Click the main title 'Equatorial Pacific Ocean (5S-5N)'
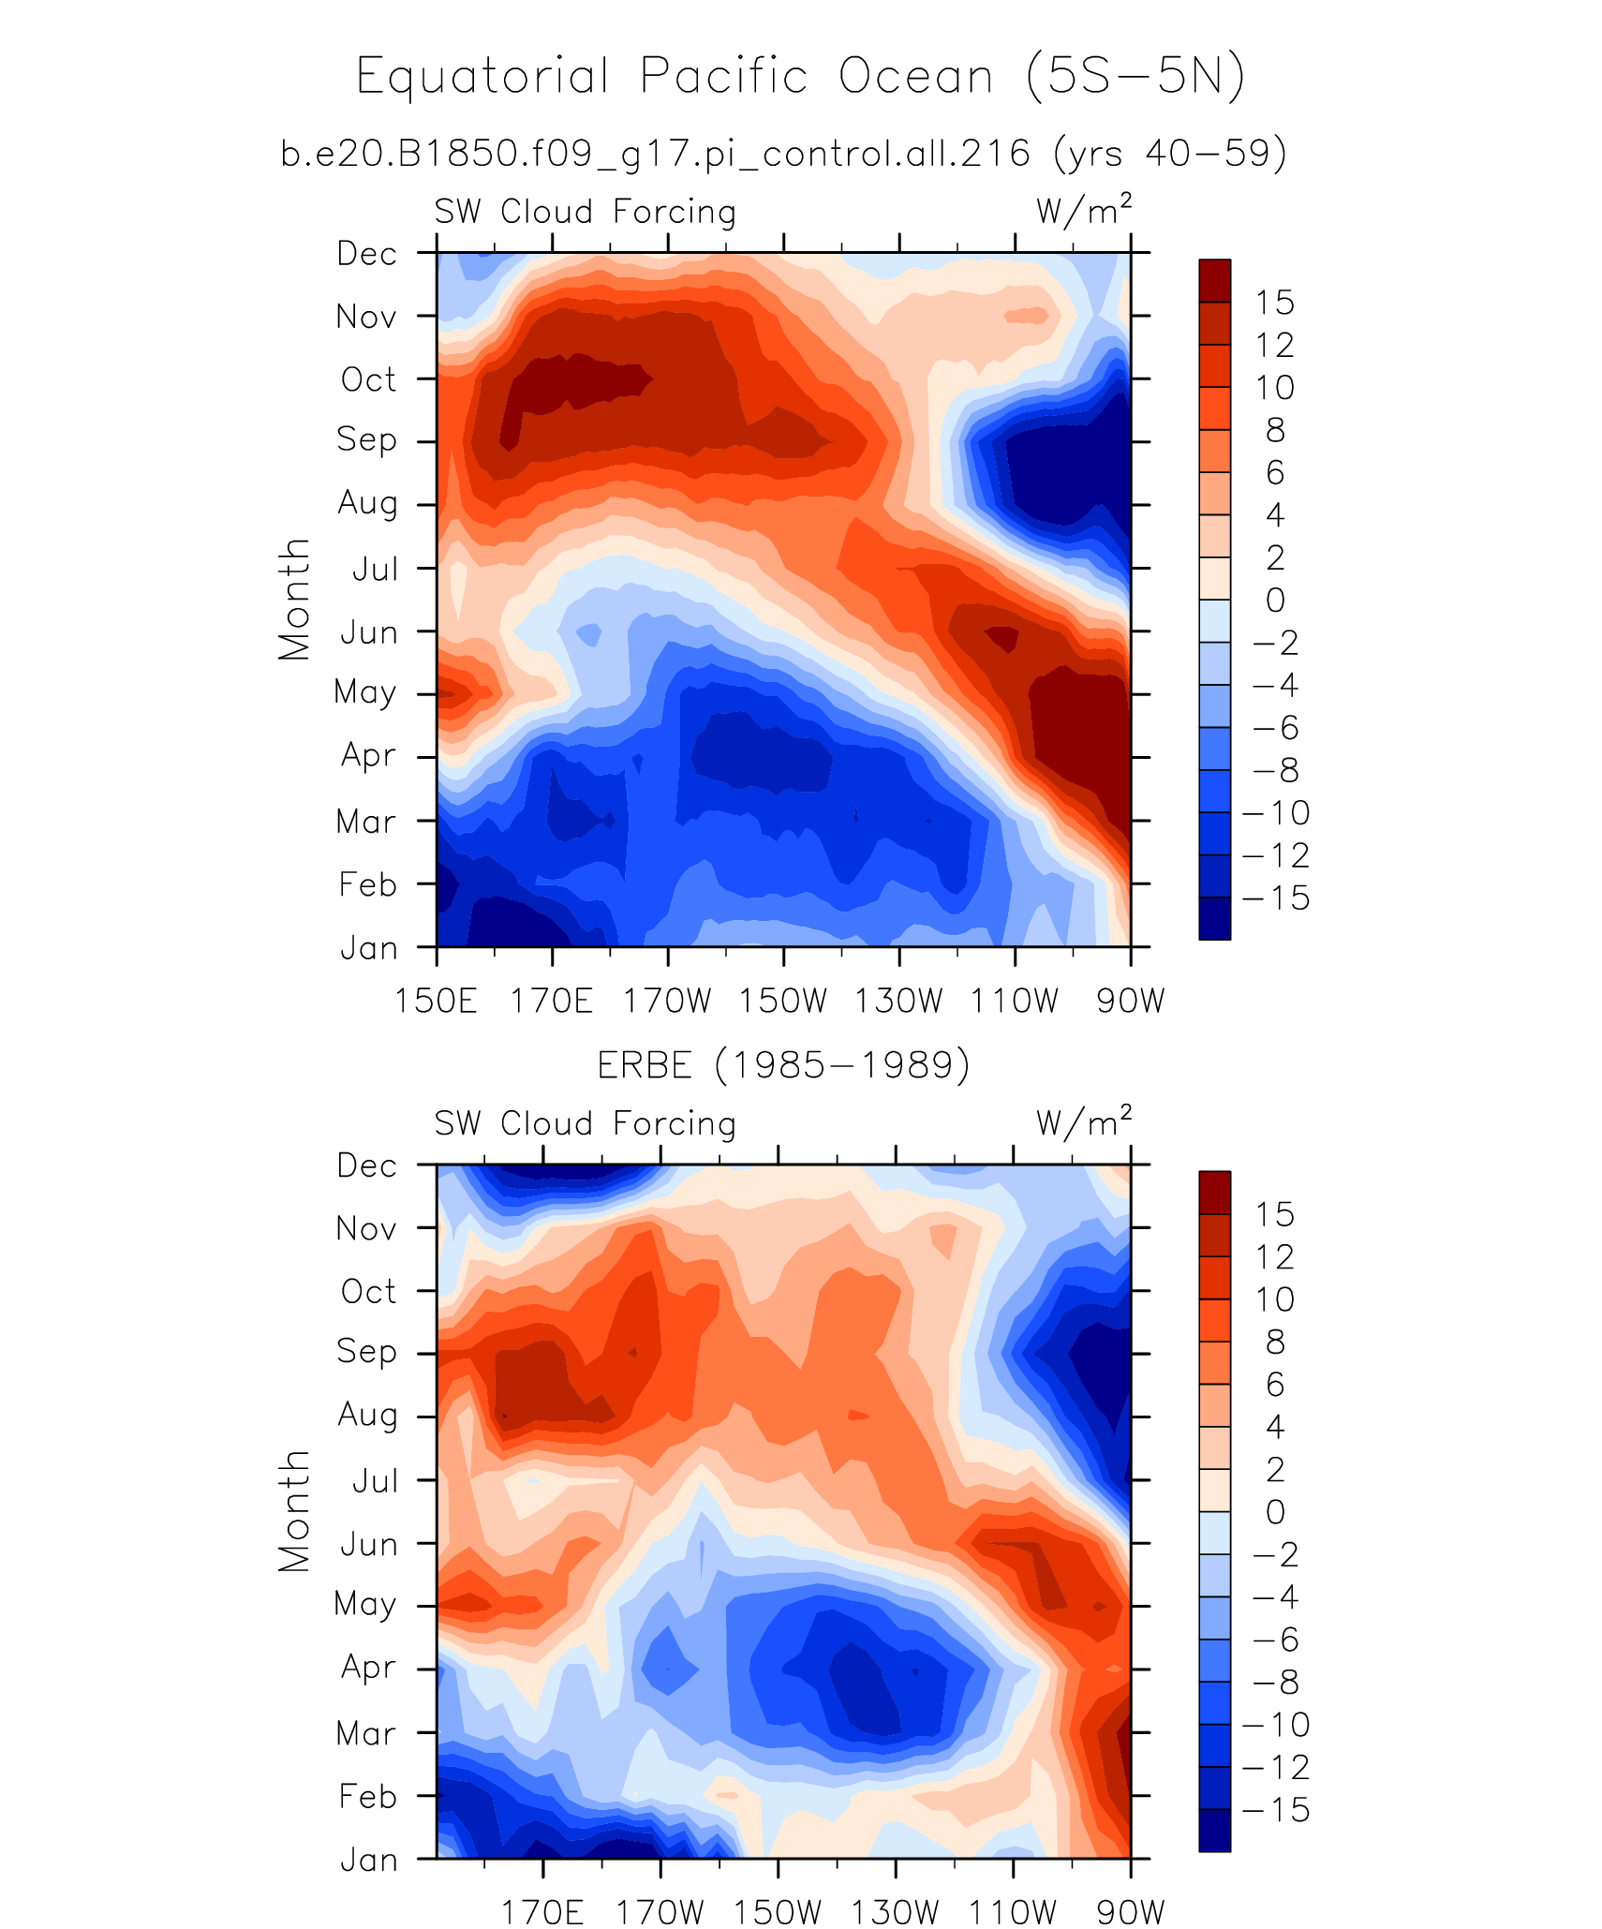click(800, 77)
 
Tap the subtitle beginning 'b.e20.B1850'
click(783, 153)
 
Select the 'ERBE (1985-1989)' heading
click(783, 1065)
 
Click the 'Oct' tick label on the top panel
click(368, 379)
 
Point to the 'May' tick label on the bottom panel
click(365, 1605)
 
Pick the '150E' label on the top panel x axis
click(436, 1002)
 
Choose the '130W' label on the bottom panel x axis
click(896, 1911)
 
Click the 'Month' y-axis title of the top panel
click(294, 600)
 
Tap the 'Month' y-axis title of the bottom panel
click(294, 1511)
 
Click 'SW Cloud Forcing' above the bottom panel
click(585, 1123)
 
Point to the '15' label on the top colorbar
click(1274, 303)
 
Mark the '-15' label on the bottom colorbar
click(1275, 1810)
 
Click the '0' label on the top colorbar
click(1275, 601)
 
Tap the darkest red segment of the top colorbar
click(1214, 280)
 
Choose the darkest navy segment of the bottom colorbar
click(1214, 1831)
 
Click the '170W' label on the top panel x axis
click(668, 1002)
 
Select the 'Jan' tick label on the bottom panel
click(368, 1860)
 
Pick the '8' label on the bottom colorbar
click(1275, 1343)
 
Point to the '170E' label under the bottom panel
click(543, 1911)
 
